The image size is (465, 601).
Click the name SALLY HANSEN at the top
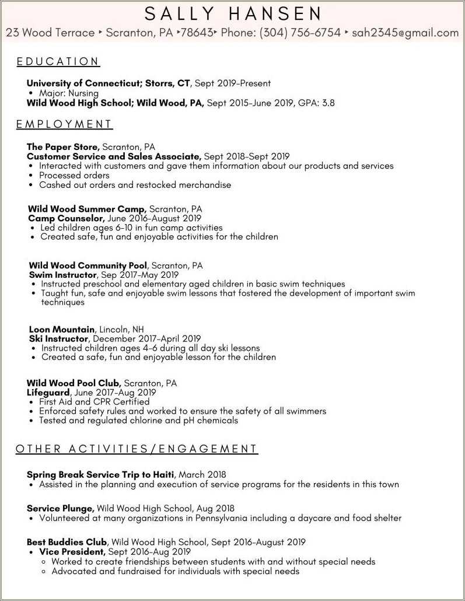pyautogui.click(x=233, y=13)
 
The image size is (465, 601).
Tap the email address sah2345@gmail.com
pyautogui.click(x=405, y=33)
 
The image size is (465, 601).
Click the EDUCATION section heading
pyautogui.click(x=58, y=62)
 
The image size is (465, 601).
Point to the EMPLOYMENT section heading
pyautogui.click(x=64, y=124)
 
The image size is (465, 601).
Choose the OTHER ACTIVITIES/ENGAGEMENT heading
pyautogui.click(x=137, y=449)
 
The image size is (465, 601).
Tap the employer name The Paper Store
pyautogui.click(x=63, y=147)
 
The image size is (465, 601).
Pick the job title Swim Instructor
pyautogui.click(x=62, y=275)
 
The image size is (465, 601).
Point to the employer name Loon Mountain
pyautogui.click(x=61, y=330)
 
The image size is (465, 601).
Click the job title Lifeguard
pyautogui.click(x=48, y=393)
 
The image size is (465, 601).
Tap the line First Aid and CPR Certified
pyautogui.click(x=94, y=402)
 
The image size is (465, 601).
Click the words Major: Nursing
pyautogui.click(x=68, y=93)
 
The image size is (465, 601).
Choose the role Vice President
pyautogui.click(x=72, y=552)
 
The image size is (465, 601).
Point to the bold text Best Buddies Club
pyautogui.click(x=67, y=542)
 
